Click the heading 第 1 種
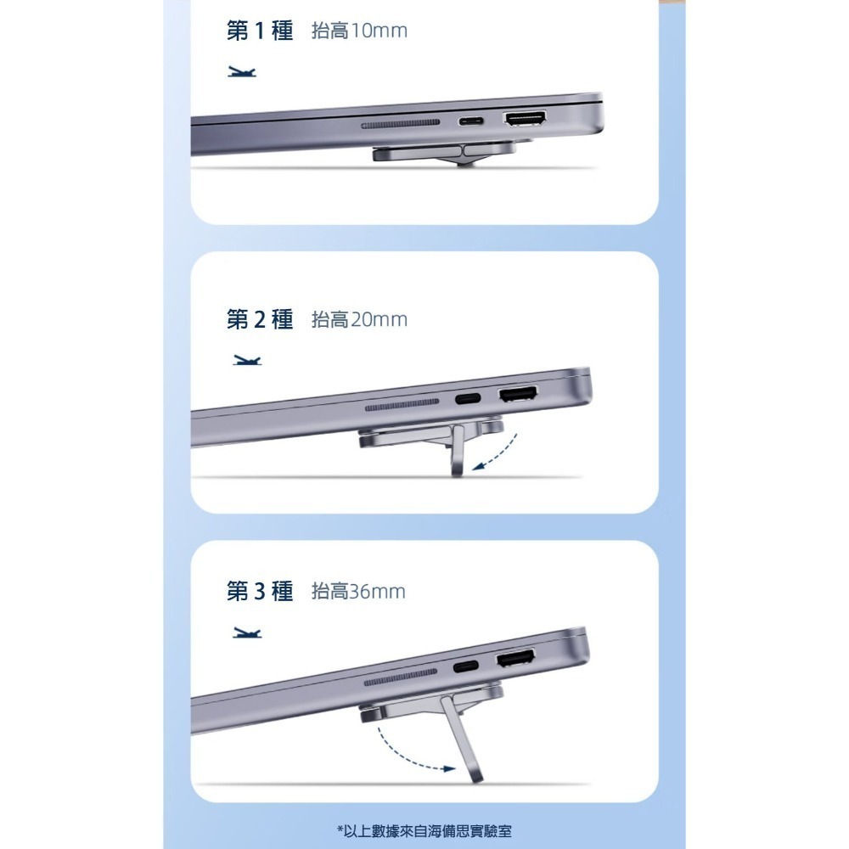coord(260,31)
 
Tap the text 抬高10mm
coord(359,31)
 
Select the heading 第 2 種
coord(260,319)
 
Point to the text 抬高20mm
coord(359,320)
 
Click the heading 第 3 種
coord(260,591)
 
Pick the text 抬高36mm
coord(358,591)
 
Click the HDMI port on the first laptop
coord(525,119)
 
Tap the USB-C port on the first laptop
coord(471,121)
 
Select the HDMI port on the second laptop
coord(518,394)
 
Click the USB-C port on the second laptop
coord(468,399)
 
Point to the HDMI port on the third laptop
coord(515,658)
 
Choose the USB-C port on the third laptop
coord(465,666)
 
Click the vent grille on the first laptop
coord(401,125)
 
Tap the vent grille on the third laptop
coord(400,678)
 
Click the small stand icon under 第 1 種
coord(241,71)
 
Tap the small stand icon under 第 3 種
coord(247,633)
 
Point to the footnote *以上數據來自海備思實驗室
coord(424,830)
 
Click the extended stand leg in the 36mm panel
coord(461,739)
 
